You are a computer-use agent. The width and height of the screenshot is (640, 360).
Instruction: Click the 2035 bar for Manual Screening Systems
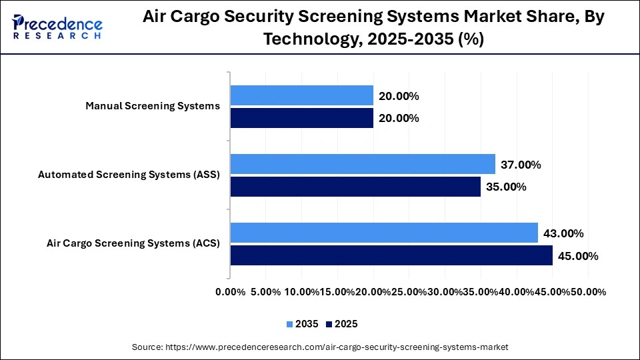point(301,95)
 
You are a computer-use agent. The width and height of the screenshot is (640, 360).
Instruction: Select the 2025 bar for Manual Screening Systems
point(301,118)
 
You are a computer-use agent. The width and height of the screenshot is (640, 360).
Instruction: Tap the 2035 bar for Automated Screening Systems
point(363,164)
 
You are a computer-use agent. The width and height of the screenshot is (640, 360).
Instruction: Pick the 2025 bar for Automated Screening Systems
point(355,187)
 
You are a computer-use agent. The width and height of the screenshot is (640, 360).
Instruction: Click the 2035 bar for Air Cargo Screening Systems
point(384,233)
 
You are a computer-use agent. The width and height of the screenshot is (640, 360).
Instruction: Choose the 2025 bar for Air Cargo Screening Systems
point(391,255)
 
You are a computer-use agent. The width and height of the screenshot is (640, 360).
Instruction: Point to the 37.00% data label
point(521,165)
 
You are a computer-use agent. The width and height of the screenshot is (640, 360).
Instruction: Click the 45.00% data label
point(578,256)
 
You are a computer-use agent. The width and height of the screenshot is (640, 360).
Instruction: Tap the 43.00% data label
point(563,233)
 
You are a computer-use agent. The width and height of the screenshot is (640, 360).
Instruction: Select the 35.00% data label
point(506,187)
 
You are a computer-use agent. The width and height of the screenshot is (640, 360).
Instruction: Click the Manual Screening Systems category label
point(153,106)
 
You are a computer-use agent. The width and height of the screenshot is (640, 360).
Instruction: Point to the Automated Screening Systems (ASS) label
point(129,175)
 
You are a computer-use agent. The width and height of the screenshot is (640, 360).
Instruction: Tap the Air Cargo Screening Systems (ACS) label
point(133,243)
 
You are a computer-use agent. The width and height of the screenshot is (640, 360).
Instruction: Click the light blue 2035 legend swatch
point(290,324)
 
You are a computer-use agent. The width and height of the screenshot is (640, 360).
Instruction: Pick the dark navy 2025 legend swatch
point(329,324)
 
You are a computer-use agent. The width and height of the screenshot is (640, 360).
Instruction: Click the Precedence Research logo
point(57,26)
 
